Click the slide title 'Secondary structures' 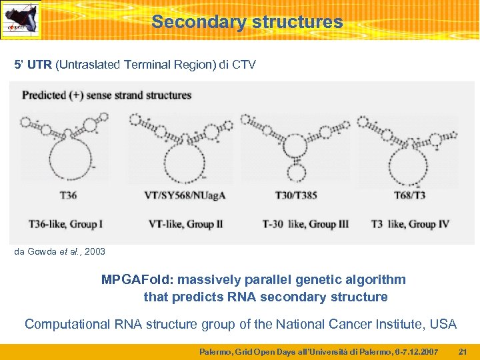[x=247, y=22]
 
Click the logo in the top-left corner [x=21, y=20]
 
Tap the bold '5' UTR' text [x=33, y=65]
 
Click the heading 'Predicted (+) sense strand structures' [x=107, y=95]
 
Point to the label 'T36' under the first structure [x=68, y=195]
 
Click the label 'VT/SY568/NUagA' [x=185, y=195]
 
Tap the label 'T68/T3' [x=410, y=195]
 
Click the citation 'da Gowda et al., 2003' [x=59, y=251]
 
